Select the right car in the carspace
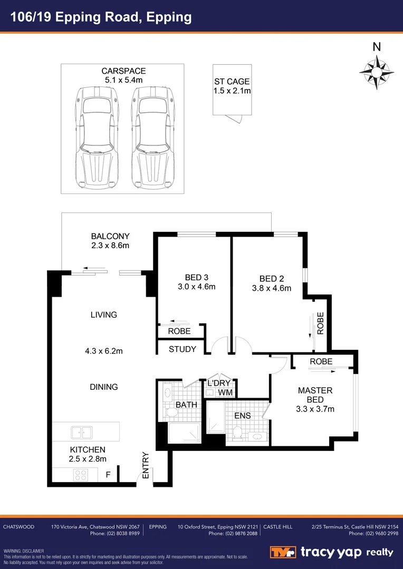[x=153, y=137]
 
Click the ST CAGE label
[x=232, y=82]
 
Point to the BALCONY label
[x=110, y=237]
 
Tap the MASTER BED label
[x=315, y=395]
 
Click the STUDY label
[x=183, y=349]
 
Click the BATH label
[x=186, y=405]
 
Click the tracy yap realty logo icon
[x=283, y=552]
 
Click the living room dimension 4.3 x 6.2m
[x=103, y=351]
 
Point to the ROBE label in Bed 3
[x=179, y=331]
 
